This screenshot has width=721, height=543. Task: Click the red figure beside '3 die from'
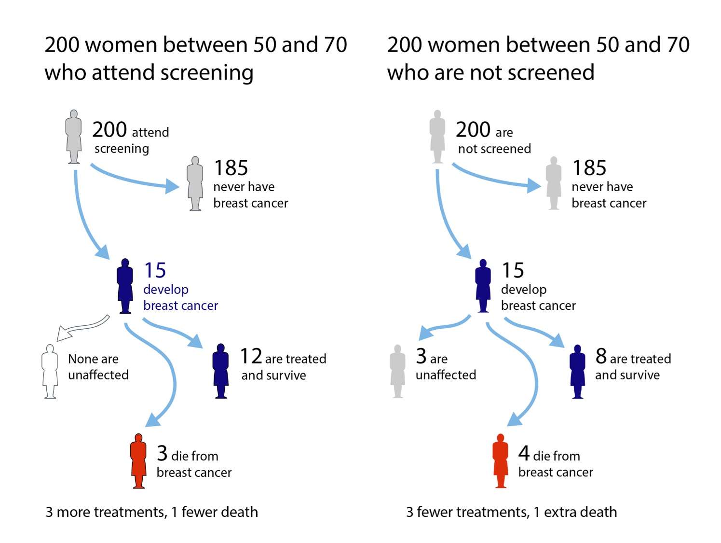pos(138,460)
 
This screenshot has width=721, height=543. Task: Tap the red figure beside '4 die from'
pos(500,460)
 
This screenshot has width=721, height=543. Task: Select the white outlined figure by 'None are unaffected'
pos(50,371)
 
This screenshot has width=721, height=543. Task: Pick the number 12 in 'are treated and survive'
pos(251,357)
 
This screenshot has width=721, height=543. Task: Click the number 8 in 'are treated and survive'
pos(601,357)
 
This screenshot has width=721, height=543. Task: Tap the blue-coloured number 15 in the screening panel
pos(155,270)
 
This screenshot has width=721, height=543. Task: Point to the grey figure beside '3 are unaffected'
pos(397,371)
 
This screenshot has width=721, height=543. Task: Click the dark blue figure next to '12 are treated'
pos(220,371)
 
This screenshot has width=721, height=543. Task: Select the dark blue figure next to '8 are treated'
pos(577,371)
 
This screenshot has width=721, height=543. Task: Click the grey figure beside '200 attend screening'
pos(74,137)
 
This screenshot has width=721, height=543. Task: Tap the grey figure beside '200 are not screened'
pos(437,137)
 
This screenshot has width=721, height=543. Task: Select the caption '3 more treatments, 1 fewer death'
pos(151,512)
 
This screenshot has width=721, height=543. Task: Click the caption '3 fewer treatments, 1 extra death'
pos(511,512)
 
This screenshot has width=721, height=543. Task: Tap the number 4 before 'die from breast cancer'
pos(524,453)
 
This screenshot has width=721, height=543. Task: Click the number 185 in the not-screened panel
pos(589,168)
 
